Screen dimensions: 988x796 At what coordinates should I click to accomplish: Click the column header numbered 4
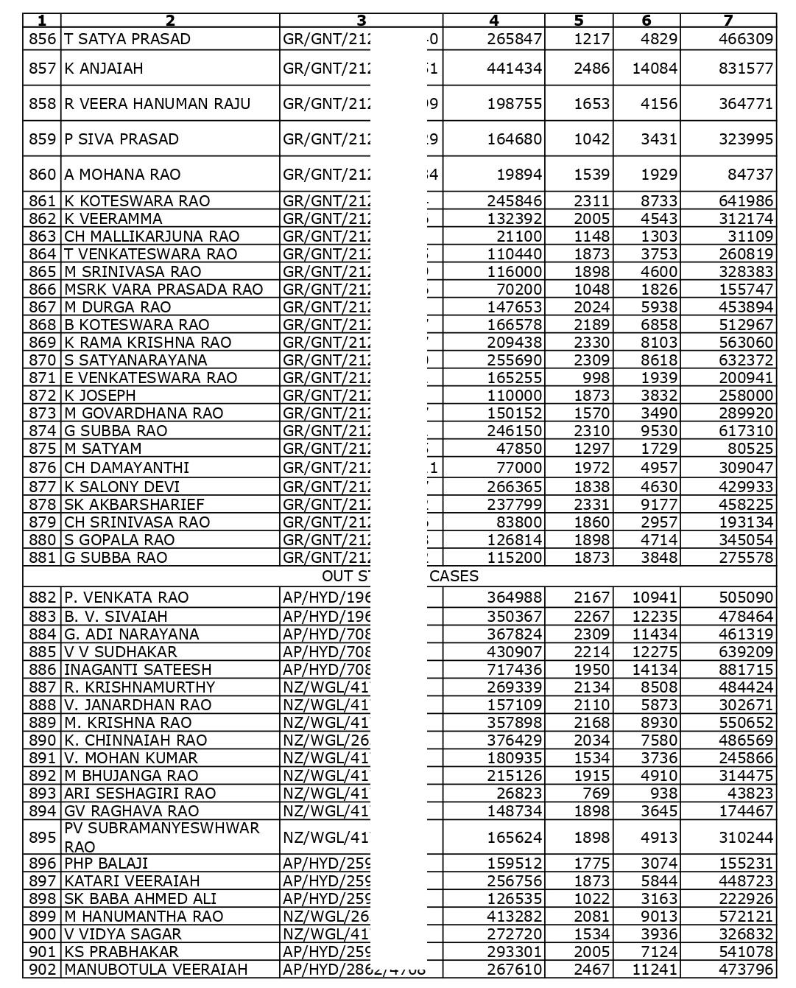494,21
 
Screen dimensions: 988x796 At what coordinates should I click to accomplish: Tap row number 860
42,175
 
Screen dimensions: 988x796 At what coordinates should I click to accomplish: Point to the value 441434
514,69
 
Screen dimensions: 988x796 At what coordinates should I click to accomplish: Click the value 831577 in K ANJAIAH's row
746,69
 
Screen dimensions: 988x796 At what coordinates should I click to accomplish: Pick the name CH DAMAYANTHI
127,468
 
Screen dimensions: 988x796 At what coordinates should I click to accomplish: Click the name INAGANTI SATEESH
138,670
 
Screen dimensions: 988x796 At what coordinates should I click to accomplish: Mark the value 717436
514,670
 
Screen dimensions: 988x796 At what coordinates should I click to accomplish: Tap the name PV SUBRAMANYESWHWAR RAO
162,837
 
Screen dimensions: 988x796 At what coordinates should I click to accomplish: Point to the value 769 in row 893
596,793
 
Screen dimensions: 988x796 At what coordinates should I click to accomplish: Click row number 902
42,970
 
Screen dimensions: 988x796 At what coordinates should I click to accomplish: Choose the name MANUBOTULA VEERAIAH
156,970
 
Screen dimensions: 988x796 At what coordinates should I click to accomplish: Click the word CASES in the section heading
454,576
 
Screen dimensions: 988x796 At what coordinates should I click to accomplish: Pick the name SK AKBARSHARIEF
135,505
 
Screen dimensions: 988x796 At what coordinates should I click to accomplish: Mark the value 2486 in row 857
592,69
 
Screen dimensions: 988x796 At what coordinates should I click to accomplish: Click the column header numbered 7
728,21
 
